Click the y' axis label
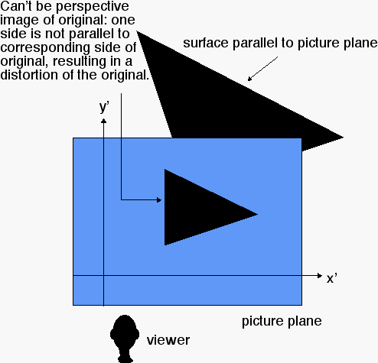[x=104, y=107]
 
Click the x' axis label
[x=332, y=278]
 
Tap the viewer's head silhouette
[x=125, y=339]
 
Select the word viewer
[x=168, y=340]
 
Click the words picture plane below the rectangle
[x=282, y=322]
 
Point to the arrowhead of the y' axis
[x=103, y=121]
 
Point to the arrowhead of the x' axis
[x=320, y=275]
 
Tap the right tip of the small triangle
[x=258, y=214]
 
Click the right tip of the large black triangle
[x=343, y=137]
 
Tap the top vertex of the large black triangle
[x=137, y=31]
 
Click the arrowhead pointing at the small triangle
[x=159, y=200]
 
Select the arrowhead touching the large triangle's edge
[x=249, y=79]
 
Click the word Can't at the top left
[x=16, y=6]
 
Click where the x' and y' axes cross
[x=103, y=275]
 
